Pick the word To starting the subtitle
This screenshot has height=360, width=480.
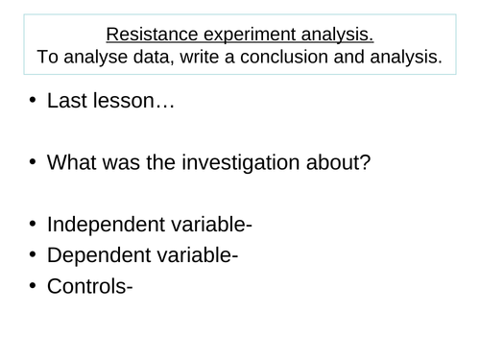pos(48,58)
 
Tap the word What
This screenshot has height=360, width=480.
pos(75,163)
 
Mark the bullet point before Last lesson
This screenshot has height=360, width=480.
pos(32,100)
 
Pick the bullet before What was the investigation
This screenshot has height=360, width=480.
pos(32,163)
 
